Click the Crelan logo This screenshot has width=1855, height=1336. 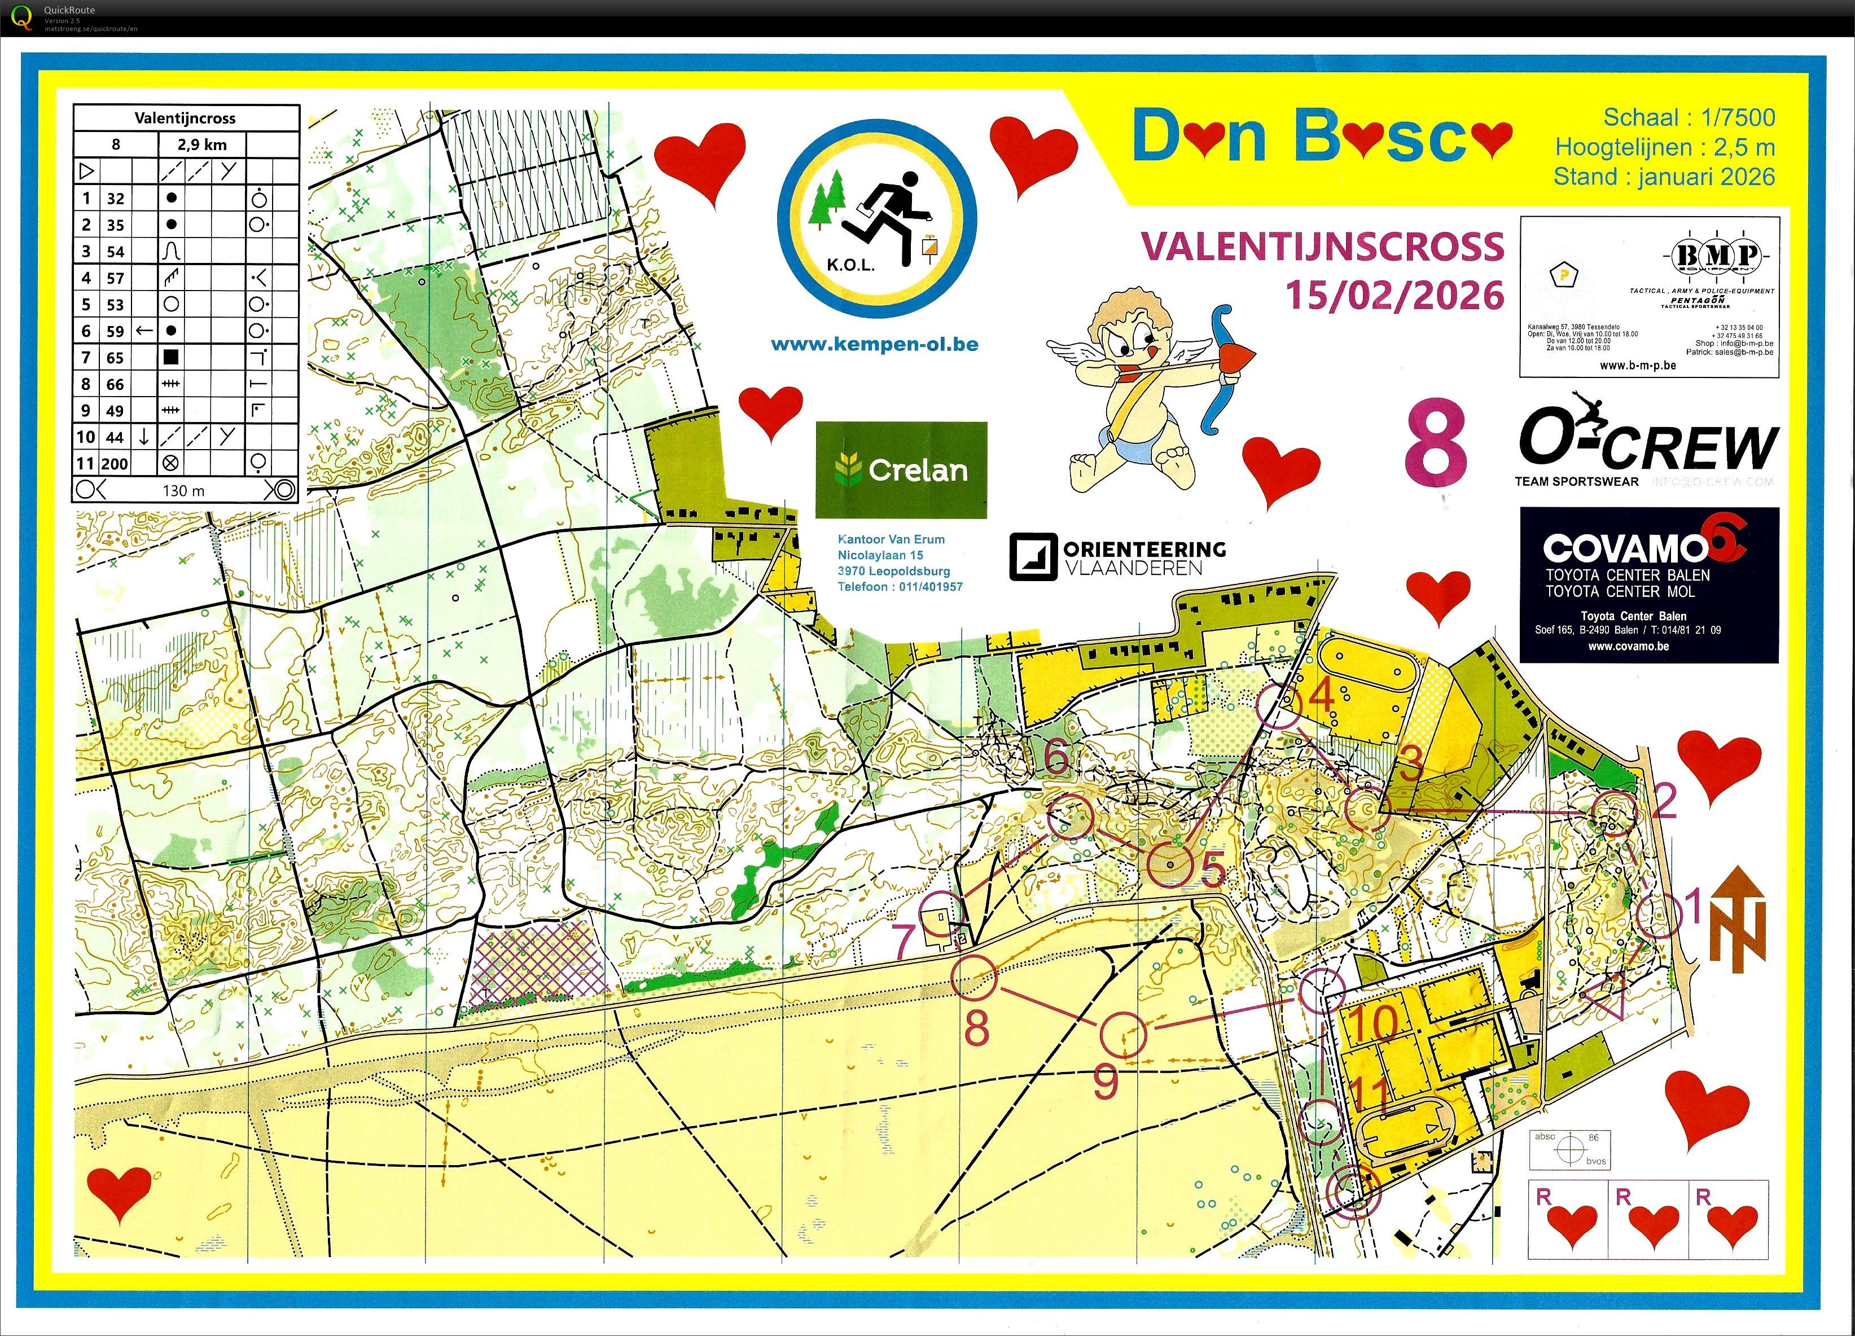click(x=901, y=469)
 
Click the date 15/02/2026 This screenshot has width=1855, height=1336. click(x=1394, y=295)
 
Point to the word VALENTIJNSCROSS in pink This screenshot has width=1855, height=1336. click(x=1322, y=246)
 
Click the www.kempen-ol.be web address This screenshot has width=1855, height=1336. click(x=874, y=344)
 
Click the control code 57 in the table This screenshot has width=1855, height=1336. click(x=115, y=278)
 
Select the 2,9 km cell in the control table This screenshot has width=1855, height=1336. click(x=202, y=145)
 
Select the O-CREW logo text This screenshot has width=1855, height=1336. click(x=1648, y=445)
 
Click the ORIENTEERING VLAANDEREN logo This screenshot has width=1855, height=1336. click(x=1117, y=557)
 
